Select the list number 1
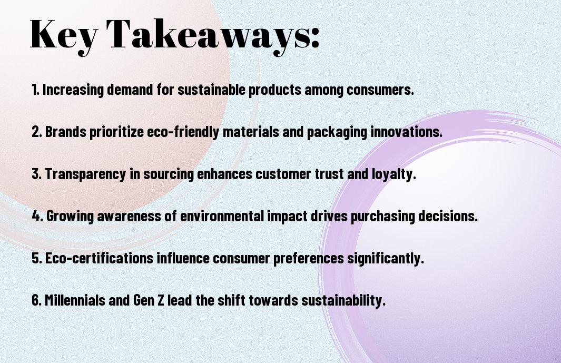pyautogui.click(x=35, y=90)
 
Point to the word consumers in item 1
pyautogui.click(x=380, y=90)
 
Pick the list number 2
pyautogui.click(x=37, y=132)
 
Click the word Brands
pyautogui.click(x=66, y=131)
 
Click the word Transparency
pyautogui.click(x=85, y=174)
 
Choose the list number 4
pyautogui.click(x=37, y=216)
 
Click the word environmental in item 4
pyautogui.click(x=222, y=216)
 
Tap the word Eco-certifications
pyautogui.click(x=99, y=258)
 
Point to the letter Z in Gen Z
pyautogui.click(x=161, y=300)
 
